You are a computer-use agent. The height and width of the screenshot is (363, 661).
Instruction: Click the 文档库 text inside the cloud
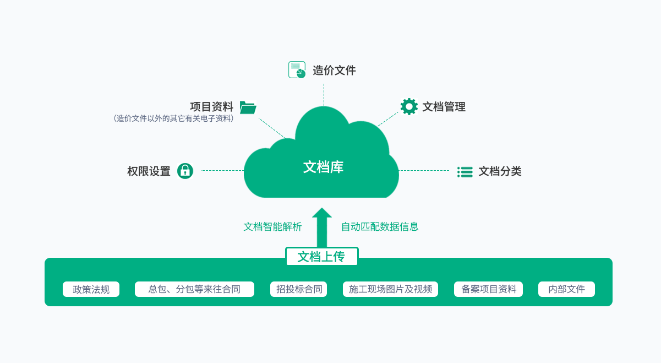(323, 167)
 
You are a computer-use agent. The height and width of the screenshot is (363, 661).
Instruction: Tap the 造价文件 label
(334, 71)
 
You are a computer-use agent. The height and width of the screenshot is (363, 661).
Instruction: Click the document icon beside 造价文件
(297, 70)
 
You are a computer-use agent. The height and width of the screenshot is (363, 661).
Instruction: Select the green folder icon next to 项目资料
(248, 107)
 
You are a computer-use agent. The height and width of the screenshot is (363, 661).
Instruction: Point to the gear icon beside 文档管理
(409, 106)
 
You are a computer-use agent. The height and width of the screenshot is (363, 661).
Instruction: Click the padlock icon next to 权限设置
(185, 171)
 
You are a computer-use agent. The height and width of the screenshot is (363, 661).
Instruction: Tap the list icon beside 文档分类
(465, 172)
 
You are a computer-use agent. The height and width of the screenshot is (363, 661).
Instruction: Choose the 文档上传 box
(321, 257)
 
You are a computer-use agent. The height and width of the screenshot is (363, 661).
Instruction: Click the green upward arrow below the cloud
(322, 228)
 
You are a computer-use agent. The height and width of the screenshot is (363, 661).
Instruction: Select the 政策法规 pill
(91, 289)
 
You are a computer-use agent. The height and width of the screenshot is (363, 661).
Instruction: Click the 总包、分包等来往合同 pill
(194, 289)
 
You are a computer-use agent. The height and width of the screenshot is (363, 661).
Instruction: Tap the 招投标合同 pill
(298, 289)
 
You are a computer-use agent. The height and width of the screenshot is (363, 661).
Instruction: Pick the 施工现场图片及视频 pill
(390, 289)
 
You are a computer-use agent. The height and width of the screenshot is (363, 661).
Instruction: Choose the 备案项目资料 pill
(488, 289)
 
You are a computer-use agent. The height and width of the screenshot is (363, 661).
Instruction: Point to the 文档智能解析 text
(272, 226)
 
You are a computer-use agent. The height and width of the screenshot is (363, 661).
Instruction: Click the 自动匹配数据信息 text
(380, 226)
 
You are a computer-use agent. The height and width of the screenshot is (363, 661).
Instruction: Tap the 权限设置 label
(149, 171)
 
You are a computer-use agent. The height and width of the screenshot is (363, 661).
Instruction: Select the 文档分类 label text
(500, 171)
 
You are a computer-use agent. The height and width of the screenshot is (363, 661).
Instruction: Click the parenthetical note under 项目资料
(174, 118)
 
